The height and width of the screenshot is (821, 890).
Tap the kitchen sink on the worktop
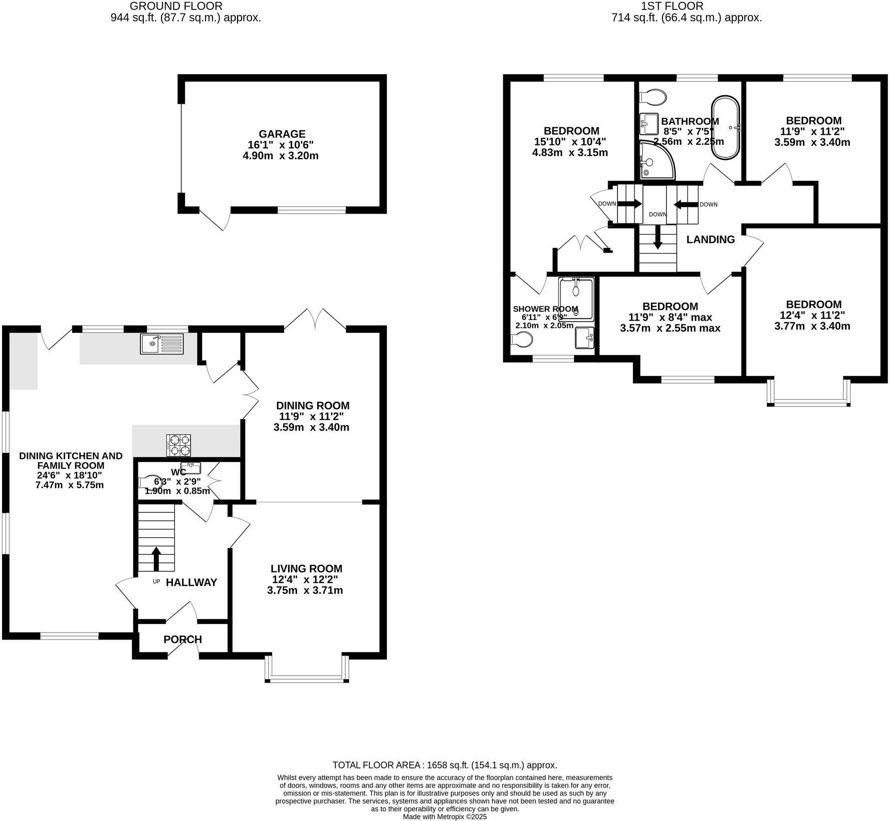click(162, 343)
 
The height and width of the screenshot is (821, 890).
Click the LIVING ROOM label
click(306, 568)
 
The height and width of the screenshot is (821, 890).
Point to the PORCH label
click(182, 640)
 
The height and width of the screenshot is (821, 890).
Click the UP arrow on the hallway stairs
click(156, 558)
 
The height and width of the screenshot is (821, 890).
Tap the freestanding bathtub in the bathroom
click(725, 128)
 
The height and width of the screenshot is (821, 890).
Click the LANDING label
click(710, 240)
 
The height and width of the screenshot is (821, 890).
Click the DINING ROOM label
click(313, 405)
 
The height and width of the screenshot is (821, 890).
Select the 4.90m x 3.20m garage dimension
click(280, 156)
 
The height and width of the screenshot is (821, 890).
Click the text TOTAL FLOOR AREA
click(378, 765)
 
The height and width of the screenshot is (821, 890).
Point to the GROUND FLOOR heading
click(176, 6)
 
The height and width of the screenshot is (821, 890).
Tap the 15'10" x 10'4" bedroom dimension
click(570, 142)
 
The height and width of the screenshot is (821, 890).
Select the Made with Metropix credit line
click(444, 816)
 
